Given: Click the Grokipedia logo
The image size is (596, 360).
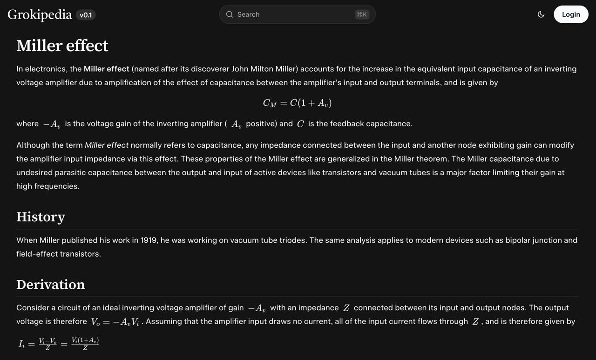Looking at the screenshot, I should (x=40, y=14).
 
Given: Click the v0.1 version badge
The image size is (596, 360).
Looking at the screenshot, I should (x=86, y=15).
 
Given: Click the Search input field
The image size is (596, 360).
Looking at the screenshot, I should (x=293, y=14).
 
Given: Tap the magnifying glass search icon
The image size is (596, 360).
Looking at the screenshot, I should (x=230, y=14).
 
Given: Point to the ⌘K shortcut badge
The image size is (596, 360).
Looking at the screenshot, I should (x=362, y=14).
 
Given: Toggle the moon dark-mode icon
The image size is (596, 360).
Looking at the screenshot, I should (x=541, y=14).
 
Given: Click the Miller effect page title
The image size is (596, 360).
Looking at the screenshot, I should (x=62, y=46).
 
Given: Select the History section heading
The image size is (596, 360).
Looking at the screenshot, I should (x=41, y=217).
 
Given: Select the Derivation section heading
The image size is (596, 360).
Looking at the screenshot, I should (x=51, y=284).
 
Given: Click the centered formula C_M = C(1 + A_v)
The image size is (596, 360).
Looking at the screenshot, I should (x=297, y=103).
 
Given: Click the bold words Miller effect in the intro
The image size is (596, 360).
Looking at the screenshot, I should (x=106, y=69).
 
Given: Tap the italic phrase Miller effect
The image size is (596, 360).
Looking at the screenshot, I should (x=107, y=145).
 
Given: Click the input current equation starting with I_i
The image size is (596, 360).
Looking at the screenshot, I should (x=59, y=344).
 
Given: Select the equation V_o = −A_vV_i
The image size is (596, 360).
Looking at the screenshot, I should (x=115, y=322).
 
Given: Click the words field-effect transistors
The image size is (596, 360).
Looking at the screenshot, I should (x=59, y=254).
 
